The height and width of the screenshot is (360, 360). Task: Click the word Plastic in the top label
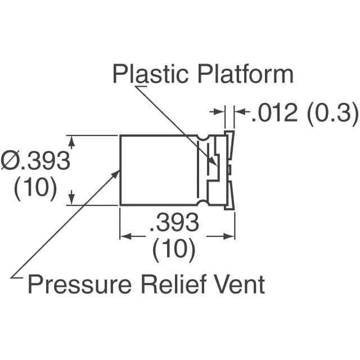150,74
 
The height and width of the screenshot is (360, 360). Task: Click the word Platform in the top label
245,74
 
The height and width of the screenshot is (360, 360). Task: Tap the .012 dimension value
274,112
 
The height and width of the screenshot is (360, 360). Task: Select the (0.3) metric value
332,113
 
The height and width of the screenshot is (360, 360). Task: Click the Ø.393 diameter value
35,160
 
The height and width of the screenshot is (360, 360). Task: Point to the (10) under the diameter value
35,188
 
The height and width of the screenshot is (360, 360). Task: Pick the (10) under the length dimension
174,250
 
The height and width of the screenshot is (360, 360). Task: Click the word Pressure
79,284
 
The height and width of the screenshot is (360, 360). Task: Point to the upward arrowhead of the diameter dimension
72,142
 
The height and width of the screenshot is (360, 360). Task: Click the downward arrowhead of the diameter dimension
72,199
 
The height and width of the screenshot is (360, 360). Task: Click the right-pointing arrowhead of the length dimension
228,236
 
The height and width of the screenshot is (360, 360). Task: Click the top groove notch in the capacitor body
203,137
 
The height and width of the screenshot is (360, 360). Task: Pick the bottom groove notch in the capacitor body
203,202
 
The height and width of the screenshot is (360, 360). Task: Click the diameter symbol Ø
10,160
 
